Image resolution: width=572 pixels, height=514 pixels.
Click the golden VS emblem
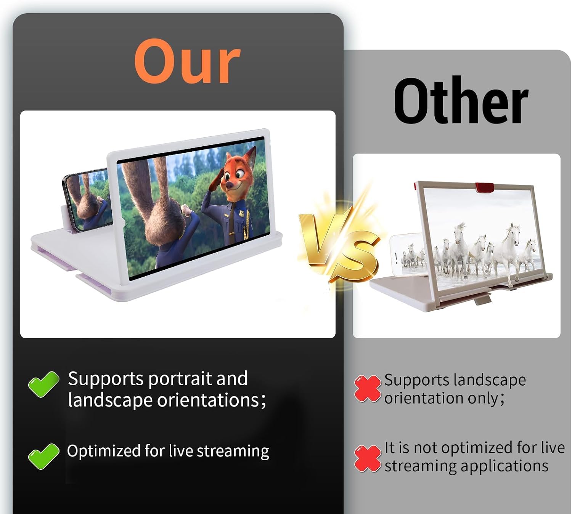tap(339, 245)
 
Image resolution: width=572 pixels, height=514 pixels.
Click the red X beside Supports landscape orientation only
tap(368, 388)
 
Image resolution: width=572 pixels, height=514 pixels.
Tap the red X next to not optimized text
tap(368, 458)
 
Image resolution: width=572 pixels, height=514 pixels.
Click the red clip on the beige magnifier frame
tap(484, 187)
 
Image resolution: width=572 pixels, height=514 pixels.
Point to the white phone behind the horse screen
tap(407, 255)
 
